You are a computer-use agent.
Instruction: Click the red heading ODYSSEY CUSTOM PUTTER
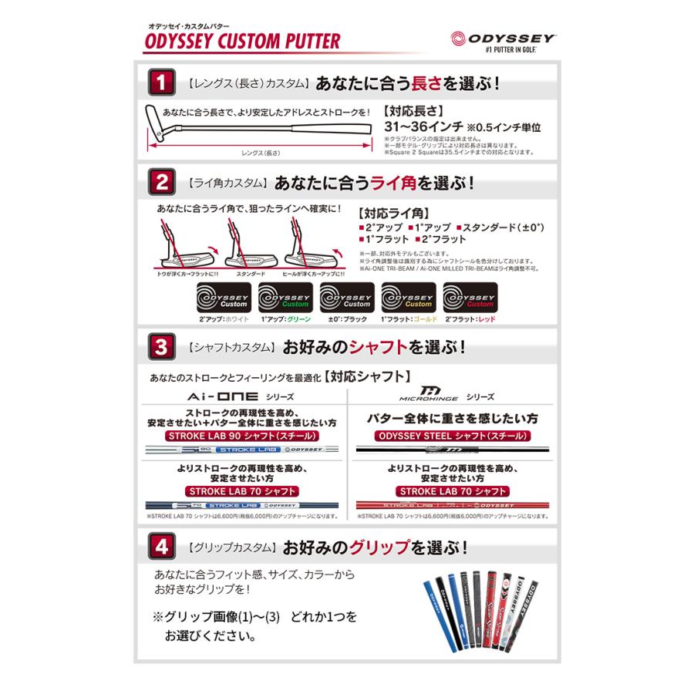coord(241,39)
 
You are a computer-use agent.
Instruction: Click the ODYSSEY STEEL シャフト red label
coord(452,435)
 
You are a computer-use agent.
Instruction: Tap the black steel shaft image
coord(452,449)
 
